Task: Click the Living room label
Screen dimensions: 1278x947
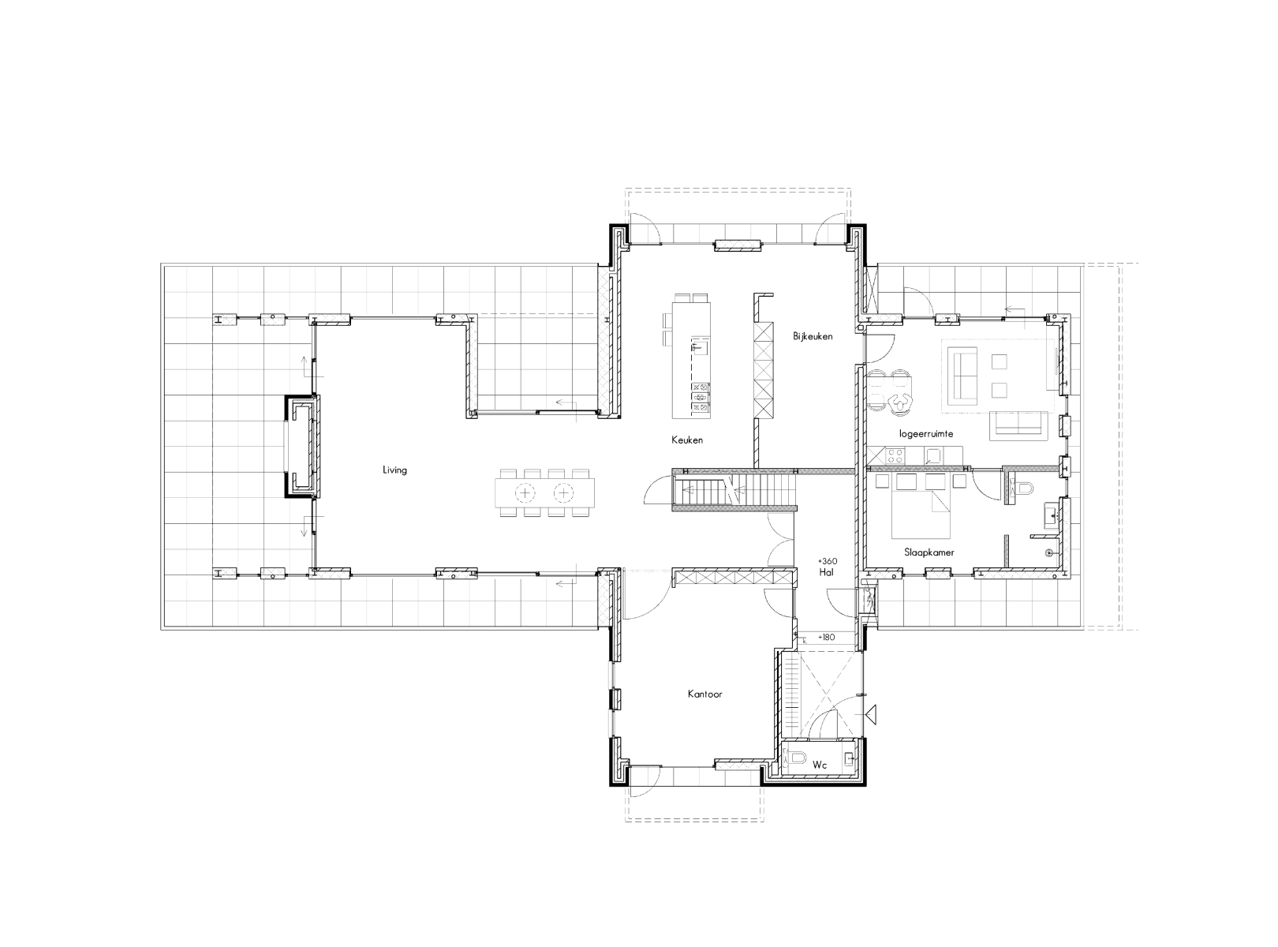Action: (x=394, y=470)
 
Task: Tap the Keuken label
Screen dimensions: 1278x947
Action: (x=687, y=440)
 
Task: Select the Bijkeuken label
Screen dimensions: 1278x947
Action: (x=813, y=336)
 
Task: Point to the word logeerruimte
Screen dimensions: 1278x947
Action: (x=926, y=433)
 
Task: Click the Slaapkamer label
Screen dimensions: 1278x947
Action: (x=929, y=552)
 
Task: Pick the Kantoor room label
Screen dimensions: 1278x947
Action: (x=704, y=694)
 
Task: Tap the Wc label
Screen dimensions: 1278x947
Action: (x=820, y=765)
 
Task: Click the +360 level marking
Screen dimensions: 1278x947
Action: (x=828, y=561)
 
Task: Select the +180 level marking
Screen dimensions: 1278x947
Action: (x=826, y=638)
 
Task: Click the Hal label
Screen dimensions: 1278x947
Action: (x=826, y=572)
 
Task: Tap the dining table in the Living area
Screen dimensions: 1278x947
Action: (x=544, y=492)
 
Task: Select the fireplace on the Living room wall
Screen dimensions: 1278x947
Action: (x=301, y=446)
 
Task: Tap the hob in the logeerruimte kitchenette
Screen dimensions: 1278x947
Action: (x=895, y=456)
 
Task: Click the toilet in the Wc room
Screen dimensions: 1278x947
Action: (x=796, y=758)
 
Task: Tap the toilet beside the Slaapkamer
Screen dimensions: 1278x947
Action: (x=1022, y=488)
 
